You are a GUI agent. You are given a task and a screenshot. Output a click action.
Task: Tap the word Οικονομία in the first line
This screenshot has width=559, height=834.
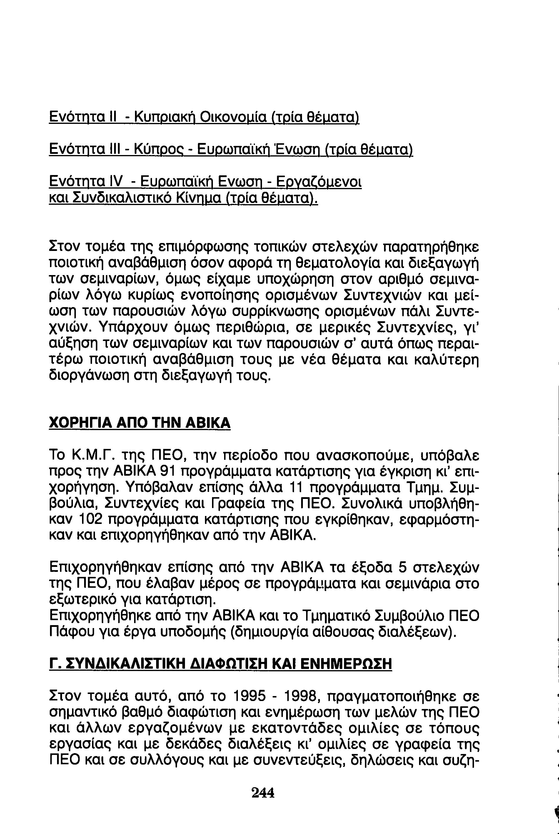point(232,116)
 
